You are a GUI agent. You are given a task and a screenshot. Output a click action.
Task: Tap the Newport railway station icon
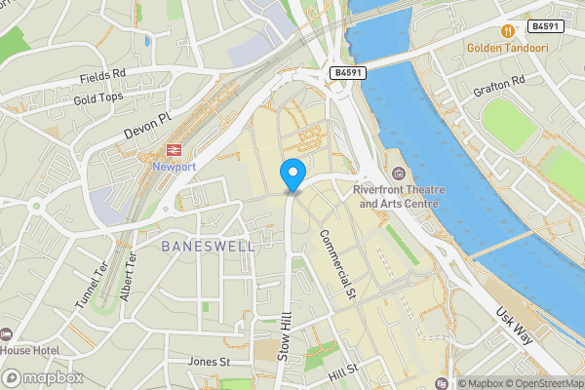coord(175,150)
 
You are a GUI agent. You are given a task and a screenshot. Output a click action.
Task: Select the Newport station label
coord(175,167)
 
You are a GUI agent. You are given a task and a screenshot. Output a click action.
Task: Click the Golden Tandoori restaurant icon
coord(506,30)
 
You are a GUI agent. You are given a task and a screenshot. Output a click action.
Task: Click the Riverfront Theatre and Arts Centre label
coord(399,196)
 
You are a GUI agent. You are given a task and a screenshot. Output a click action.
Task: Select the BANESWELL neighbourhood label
coord(209,247)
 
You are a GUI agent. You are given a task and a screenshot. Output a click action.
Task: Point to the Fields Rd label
coord(103,74)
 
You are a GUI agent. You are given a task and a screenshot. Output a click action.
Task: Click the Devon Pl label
coord(147,124)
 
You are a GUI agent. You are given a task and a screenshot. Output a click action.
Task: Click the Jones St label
coord(209,362)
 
